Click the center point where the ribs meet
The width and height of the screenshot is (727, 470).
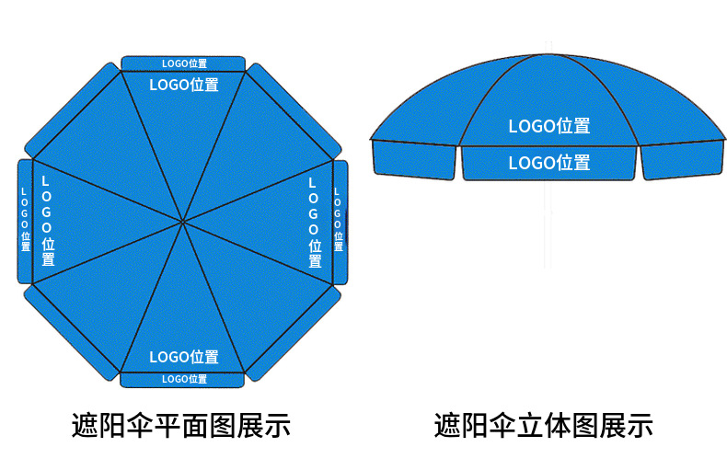(183, 221)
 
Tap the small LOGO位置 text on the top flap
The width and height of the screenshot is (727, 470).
(184, 63)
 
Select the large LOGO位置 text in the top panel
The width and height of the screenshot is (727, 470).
(184, 85)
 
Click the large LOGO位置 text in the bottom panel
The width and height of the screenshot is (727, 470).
(184, 357)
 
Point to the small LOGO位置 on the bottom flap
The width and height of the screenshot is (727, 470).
(184, 379)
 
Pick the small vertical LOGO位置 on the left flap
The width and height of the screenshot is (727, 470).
(25, 221)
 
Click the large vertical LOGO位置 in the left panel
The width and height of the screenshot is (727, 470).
(47, 221)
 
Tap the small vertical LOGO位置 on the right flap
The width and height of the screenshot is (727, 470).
(338, 221)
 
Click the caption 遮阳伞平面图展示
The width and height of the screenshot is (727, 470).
(181, 425)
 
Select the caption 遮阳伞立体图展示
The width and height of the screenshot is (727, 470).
(544, 425)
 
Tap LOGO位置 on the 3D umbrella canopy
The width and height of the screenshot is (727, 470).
(549, 126)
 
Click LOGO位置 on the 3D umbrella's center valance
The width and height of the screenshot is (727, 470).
(549, 163)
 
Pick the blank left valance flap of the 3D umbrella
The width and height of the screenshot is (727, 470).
(414, 160)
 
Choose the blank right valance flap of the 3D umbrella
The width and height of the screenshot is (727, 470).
(683, 160)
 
